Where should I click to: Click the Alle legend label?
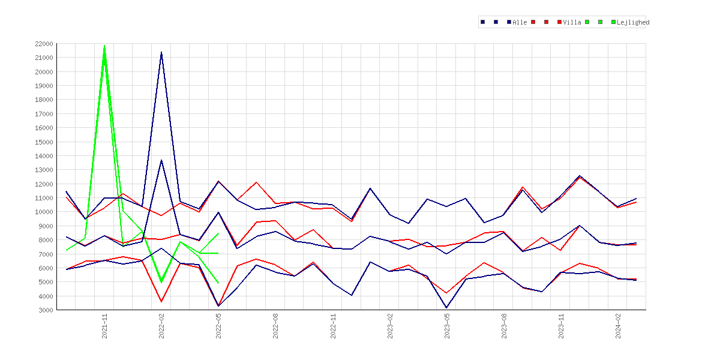pos(520,22)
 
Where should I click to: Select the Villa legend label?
pos(572,22)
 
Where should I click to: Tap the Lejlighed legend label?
pos(632,22)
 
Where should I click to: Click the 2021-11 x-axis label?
pos(105,326)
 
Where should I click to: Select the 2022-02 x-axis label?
pos(161,326)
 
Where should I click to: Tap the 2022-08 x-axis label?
pos(276,326)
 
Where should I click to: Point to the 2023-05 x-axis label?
pos(447,326)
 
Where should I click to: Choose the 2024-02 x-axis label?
pos(618,326)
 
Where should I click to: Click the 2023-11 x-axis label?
pos(561,326)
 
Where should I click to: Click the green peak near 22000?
pos(104,46)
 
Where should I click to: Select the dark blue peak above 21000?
pos(161,52)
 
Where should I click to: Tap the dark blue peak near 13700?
pos(161,160)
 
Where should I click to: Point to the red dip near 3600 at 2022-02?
pos(161,301)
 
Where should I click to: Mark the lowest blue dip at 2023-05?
pos(446,308)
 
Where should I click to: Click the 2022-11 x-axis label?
pos(333,326)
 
